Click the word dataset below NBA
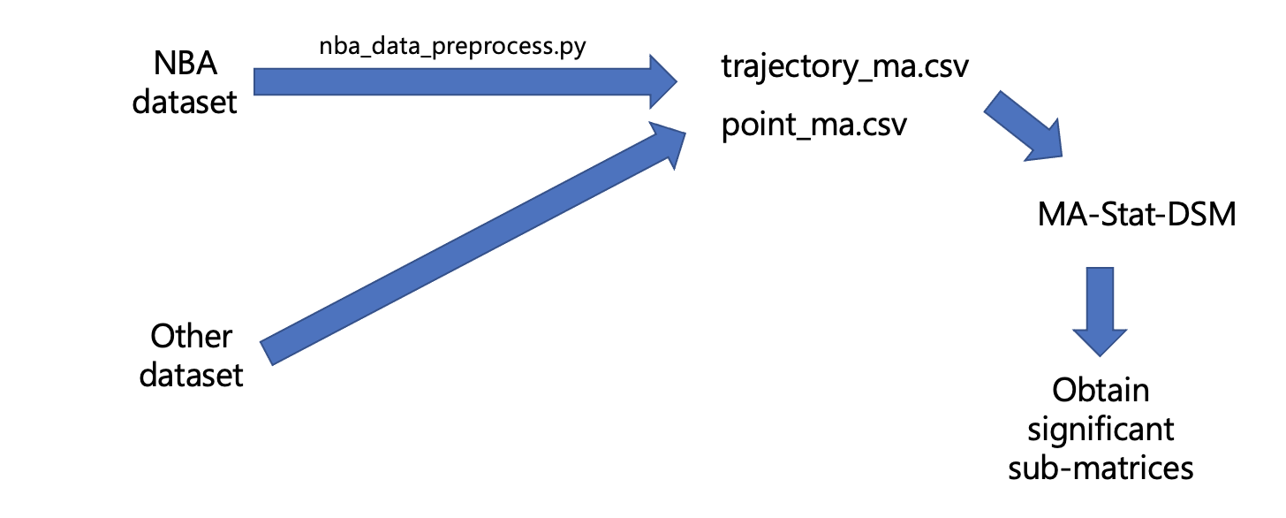click(185, 102)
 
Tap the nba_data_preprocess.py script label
click(453, 46)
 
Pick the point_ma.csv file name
click(813, 126)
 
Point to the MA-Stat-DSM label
click(1136, 214)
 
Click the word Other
click(191, 337)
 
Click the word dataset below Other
click(191, 375)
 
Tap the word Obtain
click(1101, 390)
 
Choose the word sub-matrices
click(1101, 467)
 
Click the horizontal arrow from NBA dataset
click(442, 83)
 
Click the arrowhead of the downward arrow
click(1100, 340)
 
